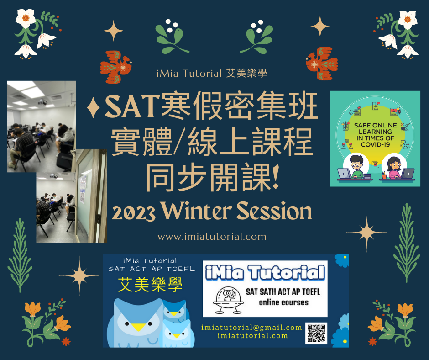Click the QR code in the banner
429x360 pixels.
coord(316,333)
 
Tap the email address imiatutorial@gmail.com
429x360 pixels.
coord(251,328)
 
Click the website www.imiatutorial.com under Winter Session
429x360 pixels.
coord(212,237)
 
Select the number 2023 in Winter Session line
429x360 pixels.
coord(134,213)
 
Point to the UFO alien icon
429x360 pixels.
coord(228,300)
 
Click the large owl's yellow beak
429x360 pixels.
coord(138,327)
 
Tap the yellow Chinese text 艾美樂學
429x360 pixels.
coord(150,285)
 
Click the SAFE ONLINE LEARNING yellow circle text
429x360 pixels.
coord(375,135)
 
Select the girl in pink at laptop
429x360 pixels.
coord(393,168)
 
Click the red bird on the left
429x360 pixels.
coord(116,67)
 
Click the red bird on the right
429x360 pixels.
coord(322,64)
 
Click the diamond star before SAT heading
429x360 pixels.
coord(93,107)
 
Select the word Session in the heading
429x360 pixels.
coord(274,211)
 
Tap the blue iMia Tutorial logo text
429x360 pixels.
coord(265,273)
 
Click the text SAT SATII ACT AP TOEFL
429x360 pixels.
coord(283,292)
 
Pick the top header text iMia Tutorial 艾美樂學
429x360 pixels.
coord(212,74)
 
